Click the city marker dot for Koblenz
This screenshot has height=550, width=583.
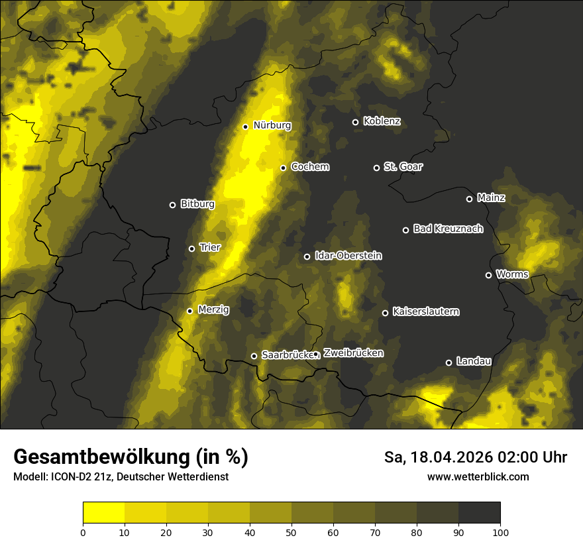pos(355,122)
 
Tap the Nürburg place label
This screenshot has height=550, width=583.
pos(272,125)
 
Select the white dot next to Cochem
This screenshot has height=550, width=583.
pos(283,168)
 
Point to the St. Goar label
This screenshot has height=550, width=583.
pos(403,167)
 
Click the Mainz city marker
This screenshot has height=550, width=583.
pos(469,199)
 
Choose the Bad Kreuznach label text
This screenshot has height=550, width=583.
pos(448,229)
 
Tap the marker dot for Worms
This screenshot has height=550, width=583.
pos(488,275)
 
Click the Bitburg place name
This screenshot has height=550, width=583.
pos(197,204)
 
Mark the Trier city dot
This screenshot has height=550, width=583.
pos(191,248)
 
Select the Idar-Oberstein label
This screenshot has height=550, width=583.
pos(348,256)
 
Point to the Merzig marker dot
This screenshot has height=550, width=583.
pos(189,311)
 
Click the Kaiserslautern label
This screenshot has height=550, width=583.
pos(425,311)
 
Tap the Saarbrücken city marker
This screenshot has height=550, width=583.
pos(254,356)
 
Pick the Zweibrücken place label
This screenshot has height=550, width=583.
pos(353,353)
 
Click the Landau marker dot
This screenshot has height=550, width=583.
pos(449,362)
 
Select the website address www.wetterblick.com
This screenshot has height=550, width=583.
pos(478,476)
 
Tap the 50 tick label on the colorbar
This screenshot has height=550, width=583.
pos(291,531)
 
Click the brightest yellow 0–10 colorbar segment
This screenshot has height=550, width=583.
pos(103,513)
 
